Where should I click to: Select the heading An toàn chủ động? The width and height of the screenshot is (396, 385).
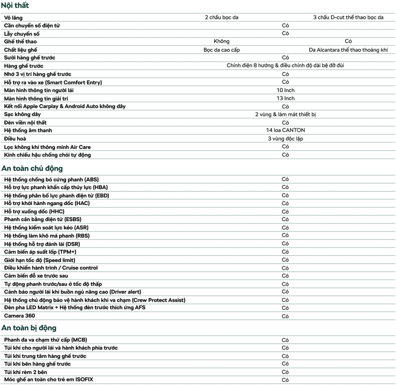[32, 168]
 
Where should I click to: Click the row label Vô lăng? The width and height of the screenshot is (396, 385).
[13, 18]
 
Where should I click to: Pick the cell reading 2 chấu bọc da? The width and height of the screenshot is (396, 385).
[224, 17]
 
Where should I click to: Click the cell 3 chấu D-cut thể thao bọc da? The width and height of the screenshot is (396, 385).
[348, 17]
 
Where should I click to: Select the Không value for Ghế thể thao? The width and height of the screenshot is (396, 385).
[221, 41]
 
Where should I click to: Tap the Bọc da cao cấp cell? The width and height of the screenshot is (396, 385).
[222, 50]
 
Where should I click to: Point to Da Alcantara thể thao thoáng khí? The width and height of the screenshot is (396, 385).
[348, 50]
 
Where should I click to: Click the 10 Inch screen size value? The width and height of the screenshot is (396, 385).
[285, 90]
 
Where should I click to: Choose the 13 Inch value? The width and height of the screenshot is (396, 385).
[285, 98]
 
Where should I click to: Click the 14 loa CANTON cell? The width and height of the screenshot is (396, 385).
[285, 130]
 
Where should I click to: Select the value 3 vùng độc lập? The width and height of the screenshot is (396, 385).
[285, 138]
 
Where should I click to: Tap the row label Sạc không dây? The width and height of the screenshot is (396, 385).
[22, 114]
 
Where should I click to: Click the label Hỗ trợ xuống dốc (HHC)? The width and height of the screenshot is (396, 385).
[34, 212]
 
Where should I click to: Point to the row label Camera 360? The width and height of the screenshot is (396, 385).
[20, 316]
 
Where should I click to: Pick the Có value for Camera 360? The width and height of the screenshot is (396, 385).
[285, 316]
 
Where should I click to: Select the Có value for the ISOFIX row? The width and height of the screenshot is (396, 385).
[285, 380]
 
